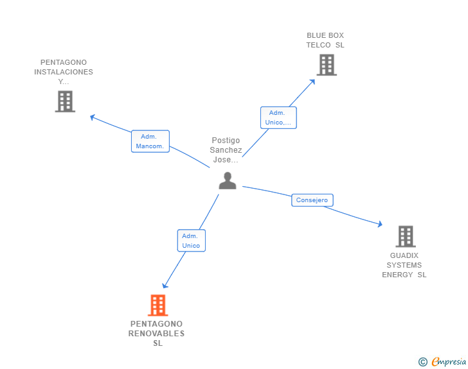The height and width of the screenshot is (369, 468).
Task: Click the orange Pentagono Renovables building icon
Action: click(x=158, y=305)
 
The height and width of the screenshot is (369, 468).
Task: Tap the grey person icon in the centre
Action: click(x=228, y=180)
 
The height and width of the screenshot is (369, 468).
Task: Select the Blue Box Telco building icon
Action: click(x=327, y=65)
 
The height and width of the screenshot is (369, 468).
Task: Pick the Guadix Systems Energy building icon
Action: click(x=406, y=236)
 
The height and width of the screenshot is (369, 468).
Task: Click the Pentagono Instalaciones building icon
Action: click(x=65, y=101)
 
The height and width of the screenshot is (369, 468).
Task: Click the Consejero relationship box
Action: click(x=312, y=200)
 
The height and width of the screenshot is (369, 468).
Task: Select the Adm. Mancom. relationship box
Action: click(x=150, y=141)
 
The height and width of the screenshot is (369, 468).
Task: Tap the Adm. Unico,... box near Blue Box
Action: click(x=278, y=117)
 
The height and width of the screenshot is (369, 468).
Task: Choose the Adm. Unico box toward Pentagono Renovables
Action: click(x=192, y=241)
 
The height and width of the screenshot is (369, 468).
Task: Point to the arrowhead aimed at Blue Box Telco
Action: click(x=312, y=82)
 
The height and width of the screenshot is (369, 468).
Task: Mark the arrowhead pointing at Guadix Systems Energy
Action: click(x=380, y=224)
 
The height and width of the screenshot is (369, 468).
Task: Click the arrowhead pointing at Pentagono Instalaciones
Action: click(x=93, y=117)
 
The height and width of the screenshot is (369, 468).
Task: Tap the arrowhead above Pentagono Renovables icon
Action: click(x=165, y=286)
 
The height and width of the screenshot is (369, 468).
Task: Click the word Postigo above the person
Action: click(x=226, y=141)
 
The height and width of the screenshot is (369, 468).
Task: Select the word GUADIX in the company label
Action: click(x=404, y=255)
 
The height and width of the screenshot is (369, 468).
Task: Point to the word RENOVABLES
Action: click(x=156, y=334)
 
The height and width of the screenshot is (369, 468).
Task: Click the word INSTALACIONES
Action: click(x=64, y=72)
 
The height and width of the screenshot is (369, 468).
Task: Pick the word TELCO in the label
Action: click(x=318, y=45)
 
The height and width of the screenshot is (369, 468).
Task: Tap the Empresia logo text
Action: click(x=449, y=361)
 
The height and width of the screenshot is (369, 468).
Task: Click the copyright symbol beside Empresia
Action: click(x=423, y=362)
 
